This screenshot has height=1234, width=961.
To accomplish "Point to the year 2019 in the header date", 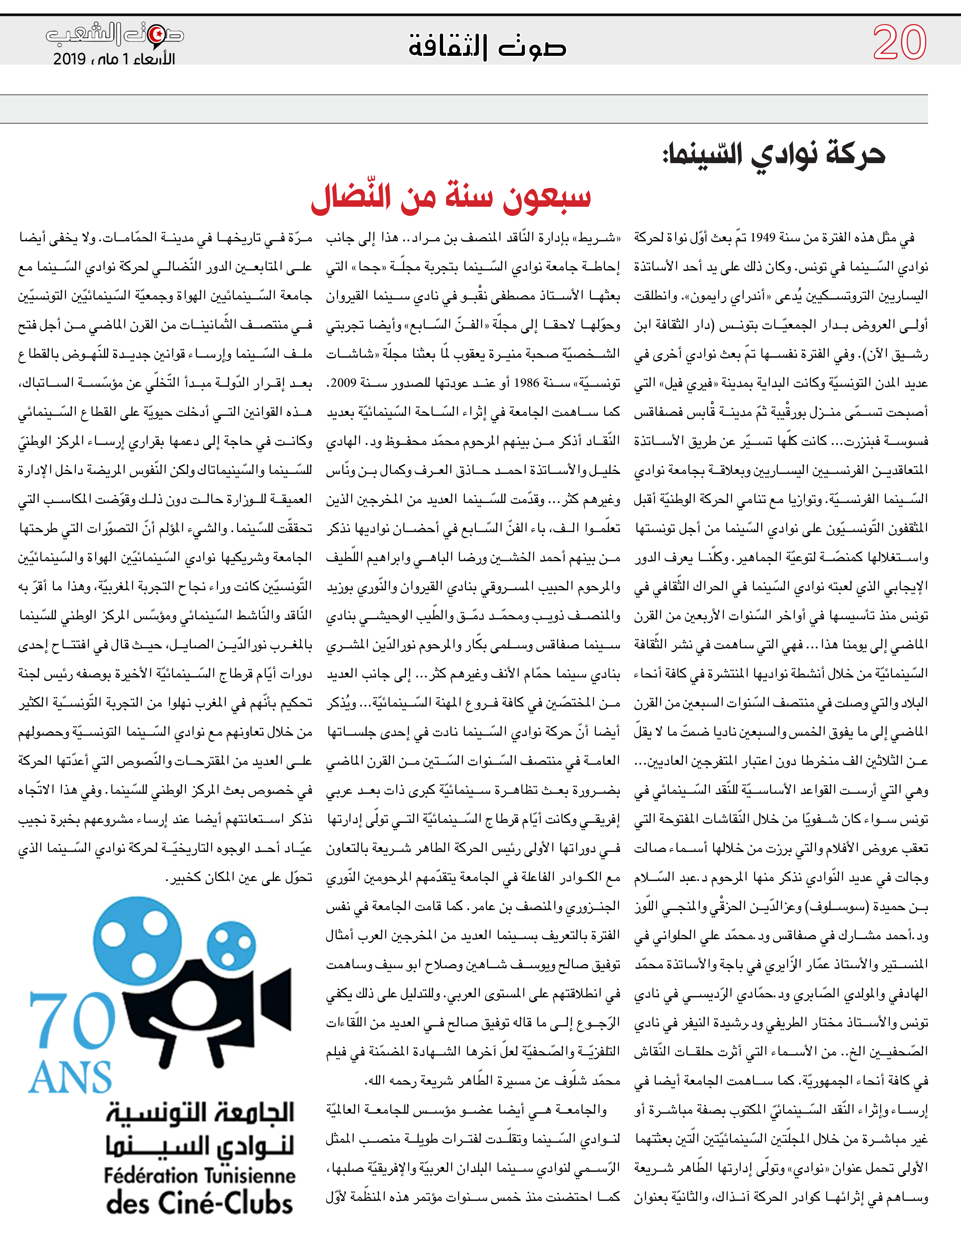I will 69,59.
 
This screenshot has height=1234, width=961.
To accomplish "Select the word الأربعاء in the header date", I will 153,59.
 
